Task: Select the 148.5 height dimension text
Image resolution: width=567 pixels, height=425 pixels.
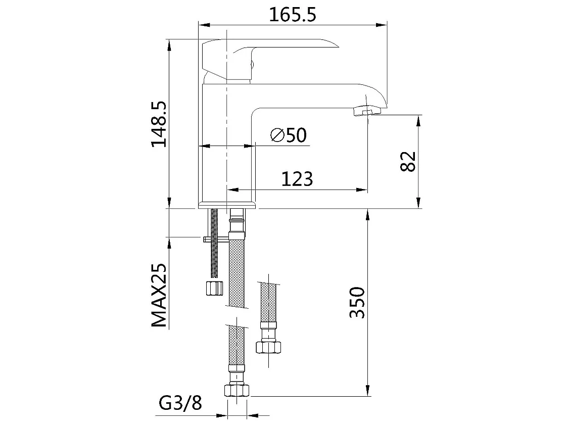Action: pyautogui.click(x=160, y=124)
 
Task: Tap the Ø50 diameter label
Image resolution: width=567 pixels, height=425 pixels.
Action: pyautogui.click(x=289, y=135)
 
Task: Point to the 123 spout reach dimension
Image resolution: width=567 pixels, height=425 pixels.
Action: pyautogui.click(x=297, y=178)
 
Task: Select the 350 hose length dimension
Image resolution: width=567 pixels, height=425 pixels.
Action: pyautogui.click(x=357, y=302)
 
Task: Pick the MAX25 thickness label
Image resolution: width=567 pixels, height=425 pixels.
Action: pyautogui.click(x=160, y=295)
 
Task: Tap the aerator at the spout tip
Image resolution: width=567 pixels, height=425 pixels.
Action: pyautogui.click(x=365, y=111)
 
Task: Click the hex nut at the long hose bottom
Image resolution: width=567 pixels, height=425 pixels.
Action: pyautogui.click(x=237, y=390)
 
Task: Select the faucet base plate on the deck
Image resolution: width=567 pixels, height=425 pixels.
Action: pyautogui.click(x=227, y=205)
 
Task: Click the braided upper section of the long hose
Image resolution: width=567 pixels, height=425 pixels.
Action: pyautogui.click(x=237, y=273)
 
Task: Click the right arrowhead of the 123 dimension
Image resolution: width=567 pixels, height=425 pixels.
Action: pyautogui.click(x=362, y=190)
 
